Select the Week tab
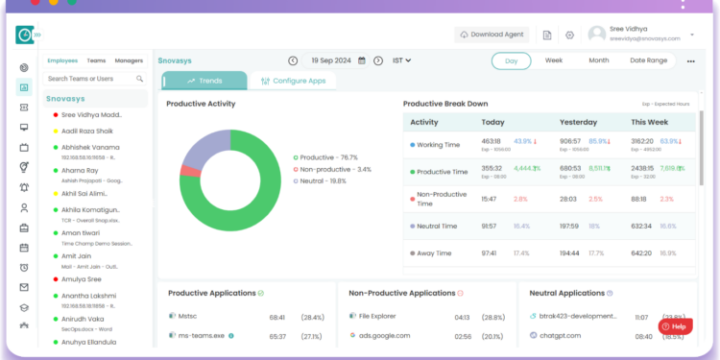(x=554, y=60)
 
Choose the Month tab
(x=598, y=60)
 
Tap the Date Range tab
(x=648, y=60)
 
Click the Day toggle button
(x=512, y=60)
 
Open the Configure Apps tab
(x=300, y=81)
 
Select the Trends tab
(x=204, y=81)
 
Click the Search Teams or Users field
(x=94, y=79)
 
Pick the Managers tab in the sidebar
(x=129, y=60)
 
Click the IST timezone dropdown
(x=401, y=60)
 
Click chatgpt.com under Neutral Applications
(x=564, y=336)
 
